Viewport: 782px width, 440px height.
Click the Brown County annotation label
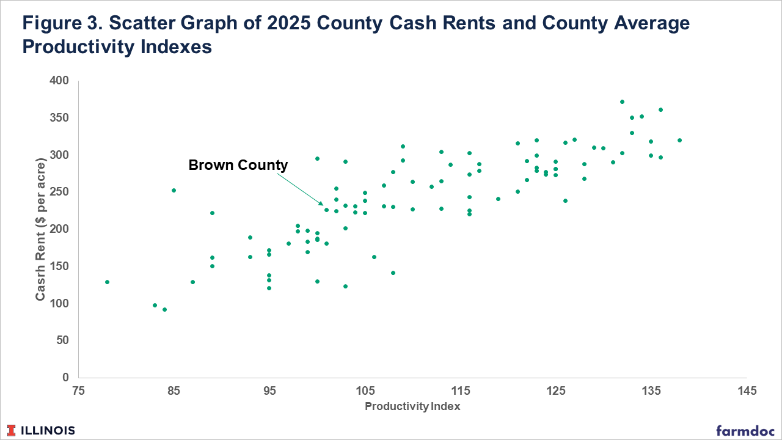click(x=238, y=165)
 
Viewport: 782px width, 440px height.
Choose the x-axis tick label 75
click(x=79, y=391)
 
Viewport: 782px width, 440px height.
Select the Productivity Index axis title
click(x=412, y=406)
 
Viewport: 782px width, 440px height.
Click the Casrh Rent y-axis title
click(x=41, y=229)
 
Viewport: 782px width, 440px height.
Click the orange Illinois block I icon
click(x=13, y=430)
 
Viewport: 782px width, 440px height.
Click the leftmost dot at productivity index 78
click(x=107, y=282)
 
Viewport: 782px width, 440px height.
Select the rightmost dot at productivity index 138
click(x=679, y=140)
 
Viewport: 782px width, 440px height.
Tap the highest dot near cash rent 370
click(x=622, y=101)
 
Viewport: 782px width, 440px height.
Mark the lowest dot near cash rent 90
click(x=164, y=309)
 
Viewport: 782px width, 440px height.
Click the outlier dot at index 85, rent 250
click(x=174, y=190)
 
